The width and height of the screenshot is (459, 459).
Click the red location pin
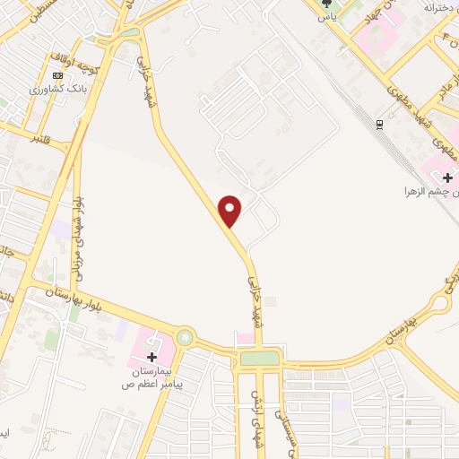click(231, 210)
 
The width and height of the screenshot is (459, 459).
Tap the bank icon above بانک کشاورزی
click(58, 76)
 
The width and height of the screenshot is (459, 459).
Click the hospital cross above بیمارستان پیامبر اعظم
click(152, 358)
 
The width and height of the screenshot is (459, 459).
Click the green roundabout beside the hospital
click(185, 337)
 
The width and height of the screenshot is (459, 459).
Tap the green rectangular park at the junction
click(259, 359)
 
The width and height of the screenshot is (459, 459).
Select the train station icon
click(380, 123)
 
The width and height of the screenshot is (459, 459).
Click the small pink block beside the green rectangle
click(244, 337)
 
